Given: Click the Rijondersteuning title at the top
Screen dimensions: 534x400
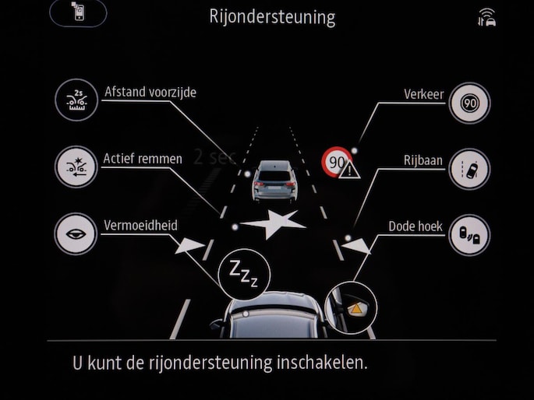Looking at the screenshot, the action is (272, 17).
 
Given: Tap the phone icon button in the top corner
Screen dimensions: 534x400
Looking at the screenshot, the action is (78, 12).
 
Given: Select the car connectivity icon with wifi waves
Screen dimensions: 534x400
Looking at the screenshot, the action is (487, 18).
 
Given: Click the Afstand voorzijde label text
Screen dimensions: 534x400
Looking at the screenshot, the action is (150, 92).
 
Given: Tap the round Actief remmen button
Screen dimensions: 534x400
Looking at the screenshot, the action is (76, 167).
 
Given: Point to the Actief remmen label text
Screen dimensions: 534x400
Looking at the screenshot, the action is (143, 159).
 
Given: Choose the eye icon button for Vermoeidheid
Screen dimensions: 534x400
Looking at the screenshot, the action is (76, 233).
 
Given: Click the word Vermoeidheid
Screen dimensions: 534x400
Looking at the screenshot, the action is (140, 226).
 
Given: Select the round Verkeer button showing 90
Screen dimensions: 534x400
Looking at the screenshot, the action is (469, 103).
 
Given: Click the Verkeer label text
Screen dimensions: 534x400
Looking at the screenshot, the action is (424, 94).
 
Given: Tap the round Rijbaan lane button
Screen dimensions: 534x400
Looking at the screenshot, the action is (469, 169).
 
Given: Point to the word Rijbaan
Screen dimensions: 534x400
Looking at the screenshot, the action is (423, 160).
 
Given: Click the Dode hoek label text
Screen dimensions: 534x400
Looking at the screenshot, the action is (416, 226).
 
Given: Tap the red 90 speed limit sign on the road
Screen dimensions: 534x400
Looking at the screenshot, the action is (337, 162).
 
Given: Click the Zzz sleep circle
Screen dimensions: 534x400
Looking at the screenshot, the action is (244, 274).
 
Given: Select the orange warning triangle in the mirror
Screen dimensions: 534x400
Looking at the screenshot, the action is (356, 309).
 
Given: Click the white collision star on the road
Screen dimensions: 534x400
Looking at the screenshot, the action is (273, 224).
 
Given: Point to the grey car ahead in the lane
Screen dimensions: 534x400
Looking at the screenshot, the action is (274, 181).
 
